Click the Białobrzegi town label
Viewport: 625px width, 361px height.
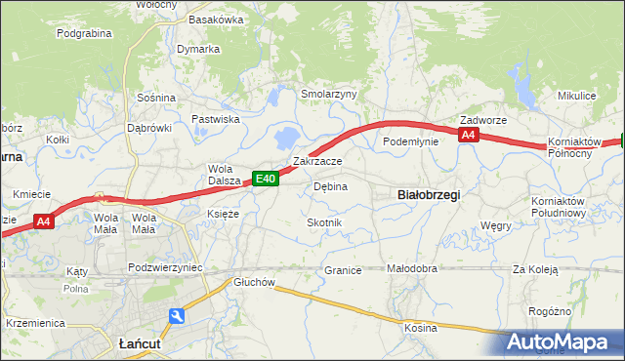point(430,194)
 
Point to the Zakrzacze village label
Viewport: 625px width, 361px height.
point(317,161)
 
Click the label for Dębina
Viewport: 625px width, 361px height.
point(330,185)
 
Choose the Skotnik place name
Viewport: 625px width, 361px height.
point(324,222)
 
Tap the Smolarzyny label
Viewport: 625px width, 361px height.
point(329,94)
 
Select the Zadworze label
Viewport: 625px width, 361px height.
point(483,120)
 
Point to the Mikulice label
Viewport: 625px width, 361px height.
point(576,96)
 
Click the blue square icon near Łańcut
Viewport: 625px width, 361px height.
point(176,316)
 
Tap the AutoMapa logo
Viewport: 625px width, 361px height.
point(559,342)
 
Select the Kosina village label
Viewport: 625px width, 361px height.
point(421,328)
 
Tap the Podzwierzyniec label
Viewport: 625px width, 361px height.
point(165,266)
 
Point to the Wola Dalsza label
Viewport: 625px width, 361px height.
point(224,174)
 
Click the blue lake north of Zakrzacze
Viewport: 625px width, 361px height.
point(289,137)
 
